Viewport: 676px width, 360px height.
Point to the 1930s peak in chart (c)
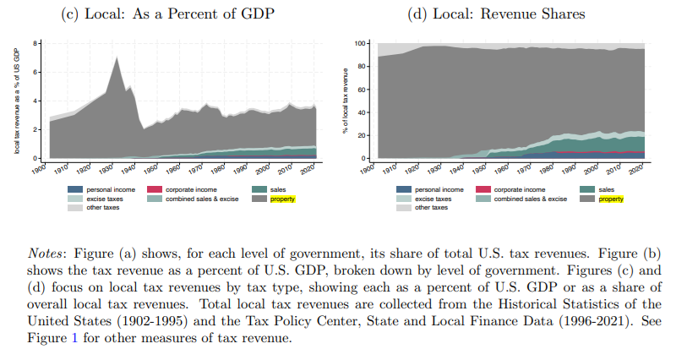116,57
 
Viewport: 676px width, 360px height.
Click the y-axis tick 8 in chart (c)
35,42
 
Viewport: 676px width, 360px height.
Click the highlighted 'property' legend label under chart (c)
282,199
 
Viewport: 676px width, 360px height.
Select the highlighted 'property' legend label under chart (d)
611,199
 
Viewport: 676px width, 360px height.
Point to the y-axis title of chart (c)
17,100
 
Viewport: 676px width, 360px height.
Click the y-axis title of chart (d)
345,100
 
